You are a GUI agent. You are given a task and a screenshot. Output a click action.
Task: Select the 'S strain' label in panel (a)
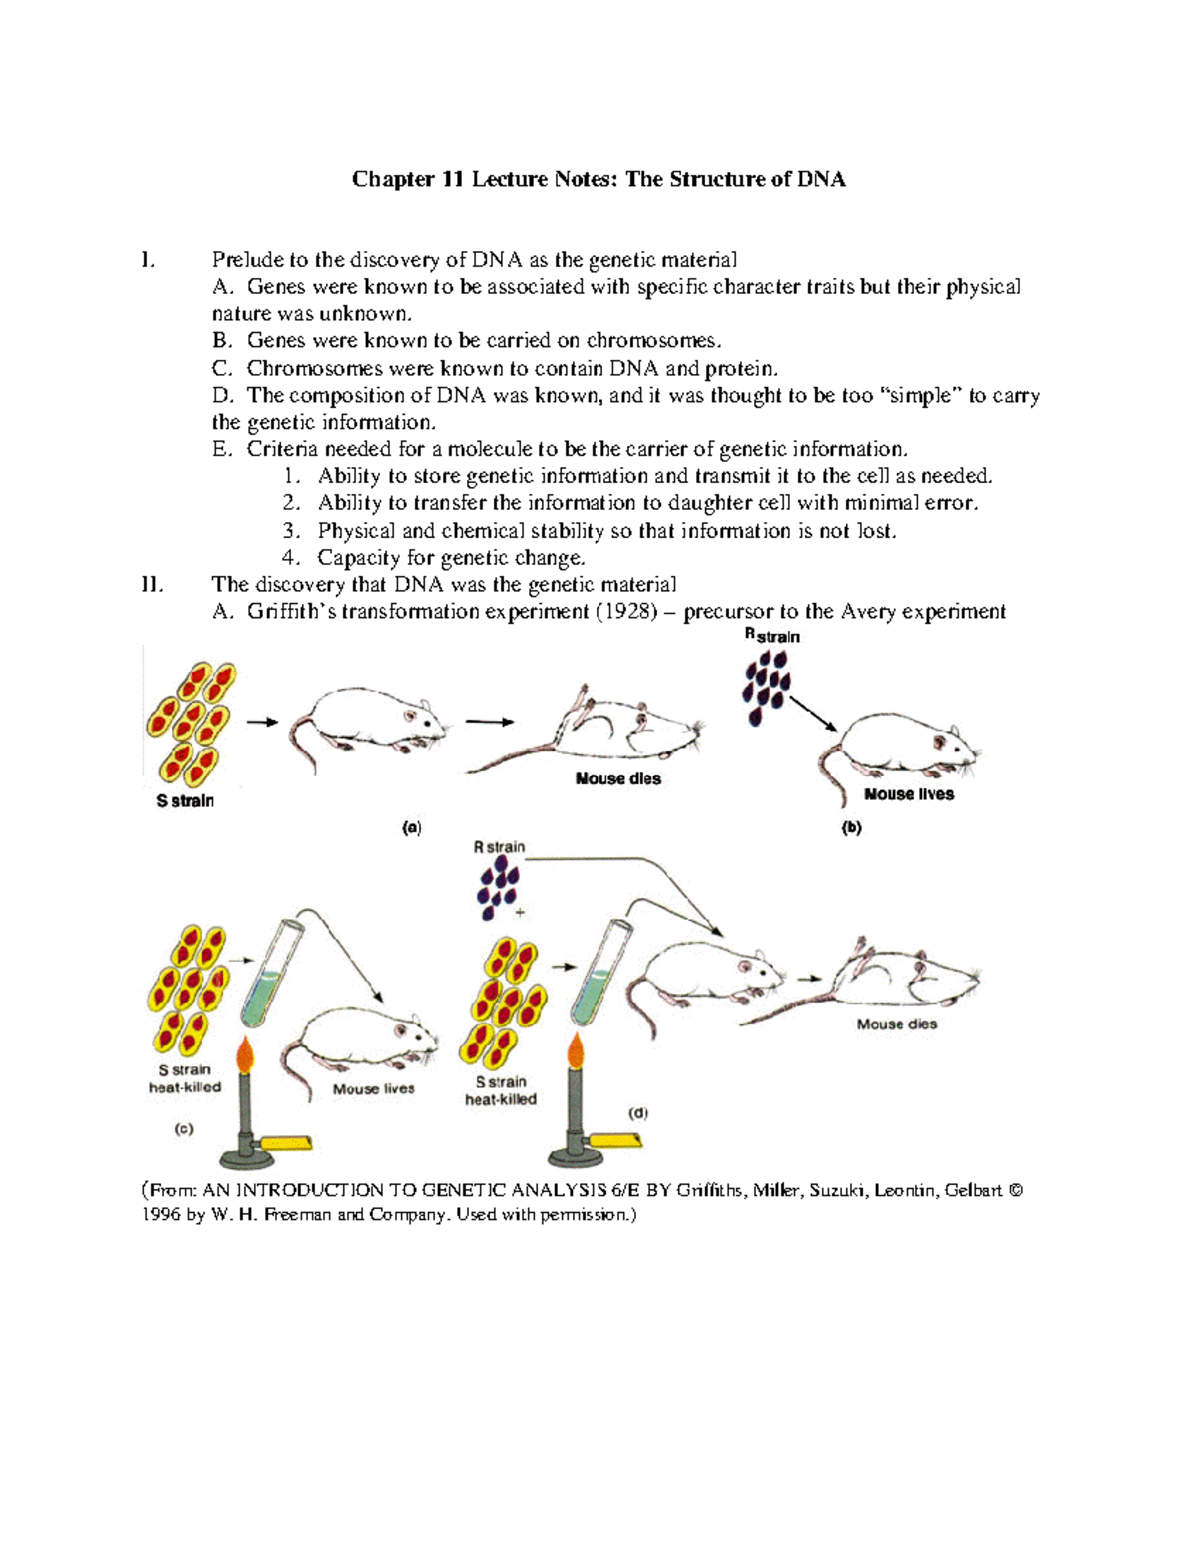pos(185,801)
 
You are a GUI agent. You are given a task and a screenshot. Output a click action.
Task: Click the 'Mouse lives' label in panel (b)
pos(908,795)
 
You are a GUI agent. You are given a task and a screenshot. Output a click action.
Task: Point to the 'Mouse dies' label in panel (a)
pos(617,779)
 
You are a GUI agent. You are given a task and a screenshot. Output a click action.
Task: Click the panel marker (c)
pos(184,1129)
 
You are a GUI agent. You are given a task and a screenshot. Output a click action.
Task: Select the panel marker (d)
pos(637,1112)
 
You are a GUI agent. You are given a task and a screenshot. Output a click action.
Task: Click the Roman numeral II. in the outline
pos(153,585)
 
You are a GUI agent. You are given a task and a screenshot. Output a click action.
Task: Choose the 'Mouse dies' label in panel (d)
pos(896,1024)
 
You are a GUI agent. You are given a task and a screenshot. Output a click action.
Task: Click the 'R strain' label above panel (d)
pos(499,847)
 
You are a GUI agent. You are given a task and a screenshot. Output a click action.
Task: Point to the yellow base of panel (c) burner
pos(286,1144)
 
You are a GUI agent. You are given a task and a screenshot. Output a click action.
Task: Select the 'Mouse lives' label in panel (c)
pos(373,1089)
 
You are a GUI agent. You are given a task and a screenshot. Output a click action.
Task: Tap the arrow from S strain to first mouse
pos(262,722)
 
